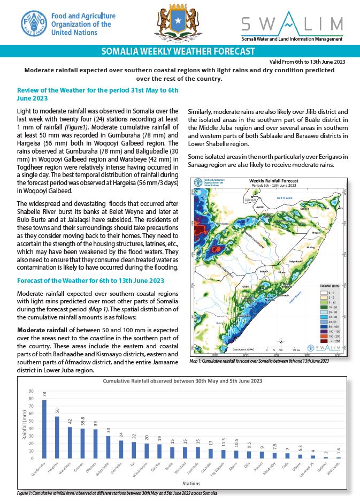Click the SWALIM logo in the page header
coord(292,26)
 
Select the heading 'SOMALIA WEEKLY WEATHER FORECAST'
coord(180,52)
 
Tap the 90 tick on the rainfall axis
coord(30,391)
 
